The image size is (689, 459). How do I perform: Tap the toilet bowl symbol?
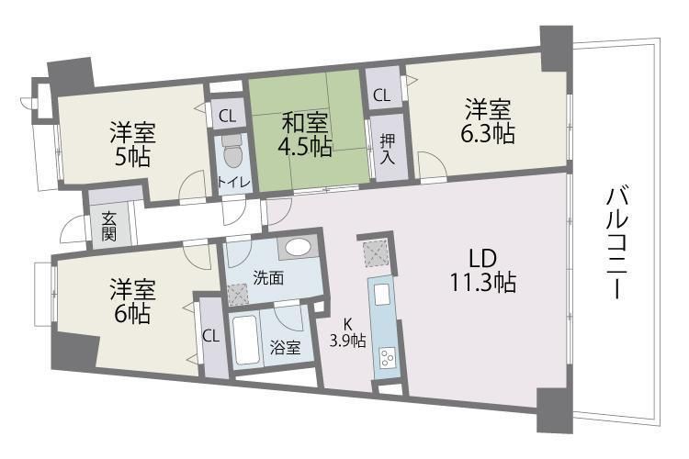click(x=230, y=148)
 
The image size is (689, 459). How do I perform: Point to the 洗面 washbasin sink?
click(x=297, y=247)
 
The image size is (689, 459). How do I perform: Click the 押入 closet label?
click(x=387, y=148)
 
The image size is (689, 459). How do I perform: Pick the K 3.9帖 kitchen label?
click(x=349, y=332)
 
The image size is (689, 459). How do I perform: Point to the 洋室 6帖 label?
click(x=133, y=302)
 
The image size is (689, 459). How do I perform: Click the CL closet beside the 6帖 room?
click(x=210, y=335)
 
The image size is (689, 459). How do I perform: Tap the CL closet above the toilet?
click(x=227, y=116)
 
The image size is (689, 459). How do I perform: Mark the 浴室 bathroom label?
click(x=284, y=347)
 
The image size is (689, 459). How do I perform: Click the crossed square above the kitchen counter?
click(x=374, y=251)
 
